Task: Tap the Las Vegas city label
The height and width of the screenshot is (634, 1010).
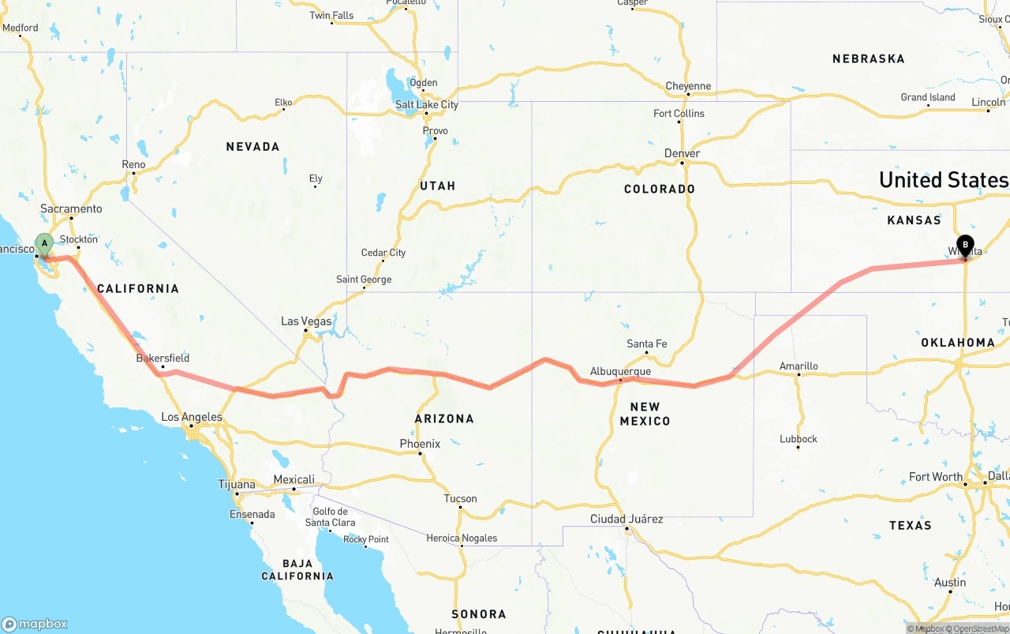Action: pos(306,321)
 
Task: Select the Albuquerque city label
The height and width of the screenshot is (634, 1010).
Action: pos(620,371)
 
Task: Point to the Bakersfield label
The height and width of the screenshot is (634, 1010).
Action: pos(163,358)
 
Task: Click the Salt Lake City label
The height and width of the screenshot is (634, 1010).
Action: pos(426,105)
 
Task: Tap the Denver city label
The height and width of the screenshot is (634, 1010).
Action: pos(682,153)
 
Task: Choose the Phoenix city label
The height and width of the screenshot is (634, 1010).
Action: pos(420,444)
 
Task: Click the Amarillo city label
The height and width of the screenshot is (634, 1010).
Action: pos(799,366)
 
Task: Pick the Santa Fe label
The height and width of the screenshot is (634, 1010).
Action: pos(646,343)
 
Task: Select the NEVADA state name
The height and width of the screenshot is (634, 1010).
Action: pos(252,147)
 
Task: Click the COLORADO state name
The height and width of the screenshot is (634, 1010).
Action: pos(660,189)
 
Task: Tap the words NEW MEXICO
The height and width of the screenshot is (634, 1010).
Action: pos(645,414)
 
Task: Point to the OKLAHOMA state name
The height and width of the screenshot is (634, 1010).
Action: pos(957,343)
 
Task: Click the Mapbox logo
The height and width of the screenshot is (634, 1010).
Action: pos(36,624)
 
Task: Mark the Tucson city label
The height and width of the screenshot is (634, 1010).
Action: pos(460,498)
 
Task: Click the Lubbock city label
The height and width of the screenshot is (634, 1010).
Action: pos(799,439)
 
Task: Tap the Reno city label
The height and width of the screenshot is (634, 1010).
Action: pos(133,164)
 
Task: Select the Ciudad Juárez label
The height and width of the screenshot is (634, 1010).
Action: pos(627,519)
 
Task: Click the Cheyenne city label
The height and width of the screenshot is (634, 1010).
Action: pos(688,86)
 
